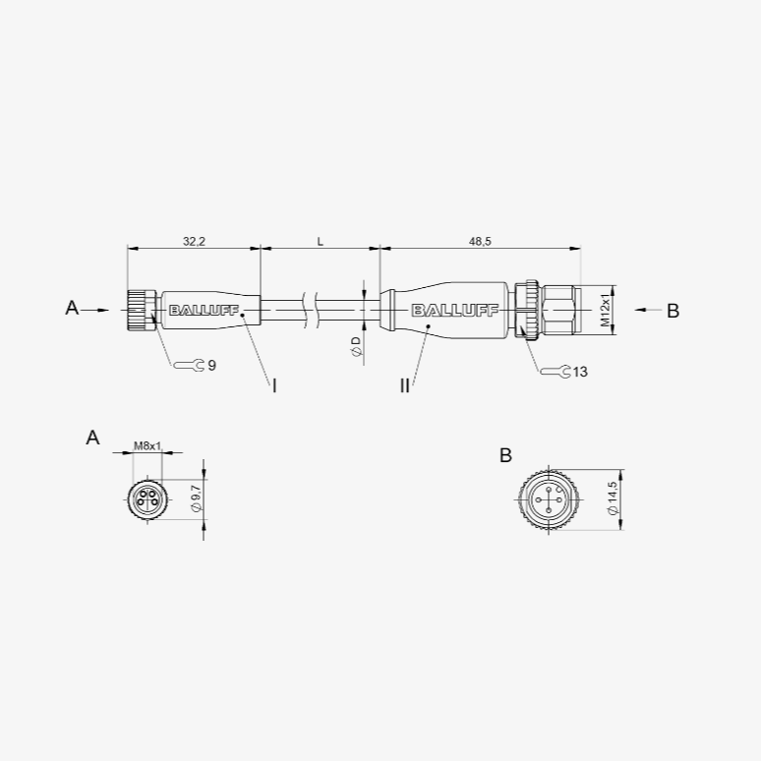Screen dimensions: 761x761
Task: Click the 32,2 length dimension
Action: pyautogui.click(x=194, y=241)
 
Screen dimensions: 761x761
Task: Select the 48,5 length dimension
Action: pyautogui.click(x=480, y=241)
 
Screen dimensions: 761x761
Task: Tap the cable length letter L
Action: pyautogui.click(x=320, y=241)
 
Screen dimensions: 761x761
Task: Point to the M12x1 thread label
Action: pyautogui.click(x=605, y=310)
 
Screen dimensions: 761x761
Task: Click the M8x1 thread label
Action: pyautogui.click(x=147, y=445)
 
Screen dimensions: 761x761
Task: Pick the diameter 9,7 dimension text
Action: pyautogui.click(x=196, y=498)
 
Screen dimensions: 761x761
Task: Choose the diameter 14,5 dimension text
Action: pyautogui.click(x=612, y=498)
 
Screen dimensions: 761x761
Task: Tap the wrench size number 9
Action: pyautogui.click(x=211, y=366)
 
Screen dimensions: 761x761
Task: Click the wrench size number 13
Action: pyautogui.click(x=580, y=372)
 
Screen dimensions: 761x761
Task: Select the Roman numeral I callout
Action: pyautogui.click(x=274, y=386)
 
